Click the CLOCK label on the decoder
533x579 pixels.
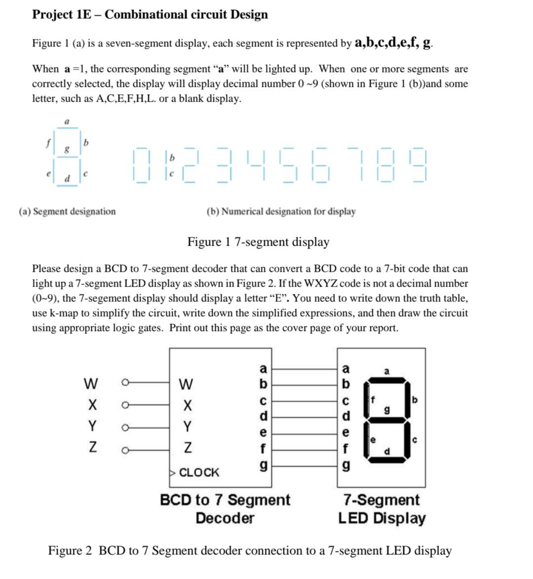(199, 472)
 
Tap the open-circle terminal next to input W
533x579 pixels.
(125, 382)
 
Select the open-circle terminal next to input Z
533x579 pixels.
(125, 449)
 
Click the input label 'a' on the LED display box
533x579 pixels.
(346, 368)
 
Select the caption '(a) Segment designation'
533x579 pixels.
(68, 212)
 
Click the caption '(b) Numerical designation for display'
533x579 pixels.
(281, 212)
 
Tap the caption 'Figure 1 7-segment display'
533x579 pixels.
(258, 242)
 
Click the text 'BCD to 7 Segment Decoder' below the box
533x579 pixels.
(225, 508)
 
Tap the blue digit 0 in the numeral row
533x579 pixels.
(141, 165)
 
